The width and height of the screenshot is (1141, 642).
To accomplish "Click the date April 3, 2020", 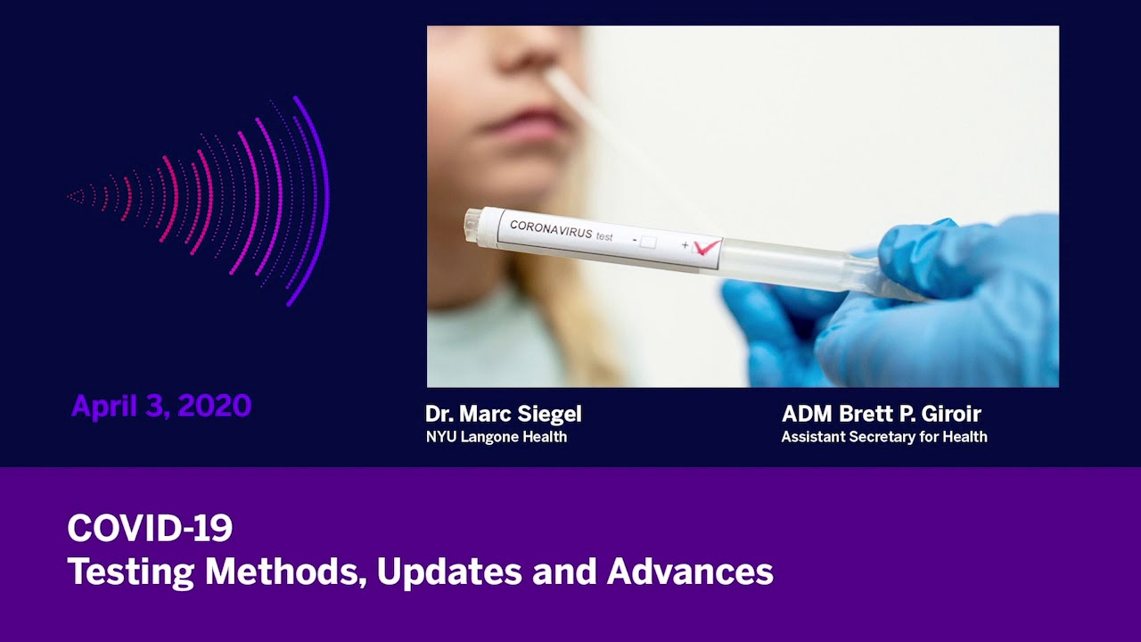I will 161,407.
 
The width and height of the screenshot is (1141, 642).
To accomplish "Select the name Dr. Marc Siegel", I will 504,414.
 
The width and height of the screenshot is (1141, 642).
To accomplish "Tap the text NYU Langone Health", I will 497,437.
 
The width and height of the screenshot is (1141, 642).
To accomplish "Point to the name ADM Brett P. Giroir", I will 881,414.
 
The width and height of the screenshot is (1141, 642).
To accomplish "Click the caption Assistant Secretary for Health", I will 883,437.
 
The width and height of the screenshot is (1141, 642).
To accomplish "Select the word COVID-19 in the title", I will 150,529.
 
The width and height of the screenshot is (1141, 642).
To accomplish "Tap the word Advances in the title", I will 690,572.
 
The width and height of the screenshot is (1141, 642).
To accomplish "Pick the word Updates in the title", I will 449,572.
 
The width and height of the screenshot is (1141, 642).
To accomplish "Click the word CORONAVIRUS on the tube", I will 550,230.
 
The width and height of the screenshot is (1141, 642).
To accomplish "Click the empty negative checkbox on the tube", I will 648,242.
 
